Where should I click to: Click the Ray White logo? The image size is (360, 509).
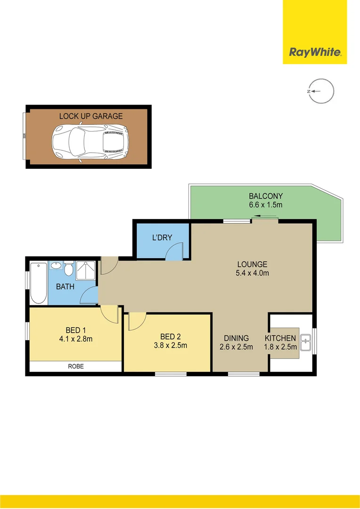(315, 52)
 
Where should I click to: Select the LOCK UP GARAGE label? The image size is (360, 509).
(91, 116)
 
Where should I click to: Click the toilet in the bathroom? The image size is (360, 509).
(69, 269)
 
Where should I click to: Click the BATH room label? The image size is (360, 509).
(65, 287)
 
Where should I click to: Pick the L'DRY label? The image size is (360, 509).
(162, 238)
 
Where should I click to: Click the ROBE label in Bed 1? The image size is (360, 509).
(76, 366)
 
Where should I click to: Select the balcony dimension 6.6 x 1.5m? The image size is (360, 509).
(266, 205)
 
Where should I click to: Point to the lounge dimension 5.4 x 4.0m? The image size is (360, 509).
(253, 273)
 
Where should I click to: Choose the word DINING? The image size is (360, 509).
(236, 338)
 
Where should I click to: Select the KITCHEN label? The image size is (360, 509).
(280, 338)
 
